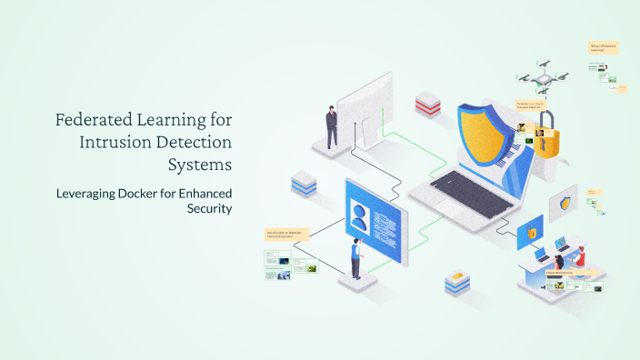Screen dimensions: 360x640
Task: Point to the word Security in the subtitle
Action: [x=210, y=209]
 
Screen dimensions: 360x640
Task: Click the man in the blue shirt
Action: [x=356, y=260]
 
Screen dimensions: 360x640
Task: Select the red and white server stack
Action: [x=427, y=105]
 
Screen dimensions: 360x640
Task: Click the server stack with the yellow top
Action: [x=456, y=283]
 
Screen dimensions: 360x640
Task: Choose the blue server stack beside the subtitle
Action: [x=303, y=185]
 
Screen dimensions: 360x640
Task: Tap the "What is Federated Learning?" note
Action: [x=603, y=47]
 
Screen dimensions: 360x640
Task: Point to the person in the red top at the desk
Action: [x=579, y=256]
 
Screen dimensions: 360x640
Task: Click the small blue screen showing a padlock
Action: [x=530, y=233]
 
